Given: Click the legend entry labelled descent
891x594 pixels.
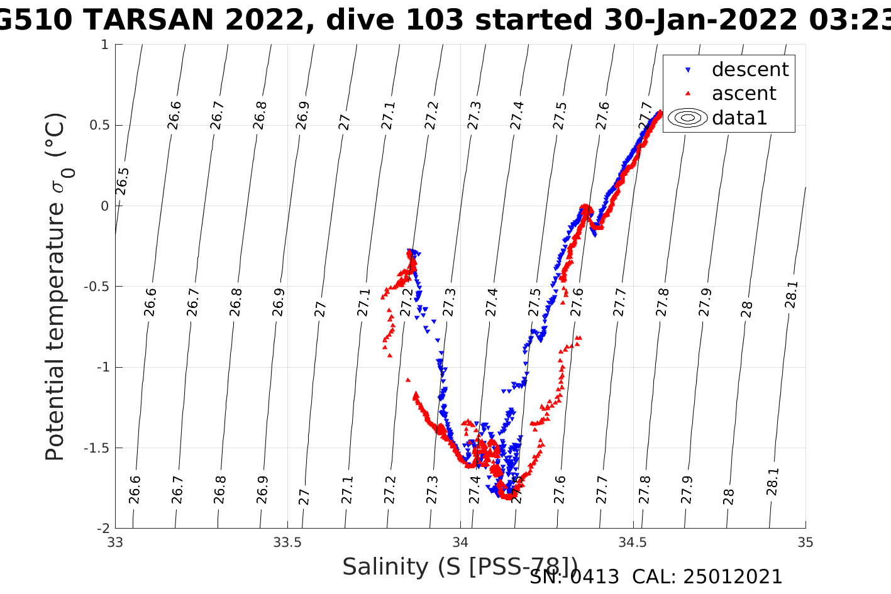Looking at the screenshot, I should tap(750, 69).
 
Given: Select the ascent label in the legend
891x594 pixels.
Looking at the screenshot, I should tap(744, 93).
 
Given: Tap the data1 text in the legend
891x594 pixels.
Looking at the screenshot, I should tap(739, 118).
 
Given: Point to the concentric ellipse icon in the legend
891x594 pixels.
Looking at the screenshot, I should tap(688, 118).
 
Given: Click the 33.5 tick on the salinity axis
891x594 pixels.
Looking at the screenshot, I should tap(287, 542).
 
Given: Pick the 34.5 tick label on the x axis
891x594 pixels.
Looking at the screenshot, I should tap(633, 542).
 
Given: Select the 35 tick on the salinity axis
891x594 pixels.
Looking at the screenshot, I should tap(805, 542).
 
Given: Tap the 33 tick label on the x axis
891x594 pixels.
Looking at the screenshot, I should tap(115, 542).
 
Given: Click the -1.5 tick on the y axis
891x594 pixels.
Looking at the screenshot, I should tap(96, 448).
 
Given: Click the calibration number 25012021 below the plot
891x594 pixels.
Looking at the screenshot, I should tap(733, 577).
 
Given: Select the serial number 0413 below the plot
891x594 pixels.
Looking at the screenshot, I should tap(594, 577).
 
